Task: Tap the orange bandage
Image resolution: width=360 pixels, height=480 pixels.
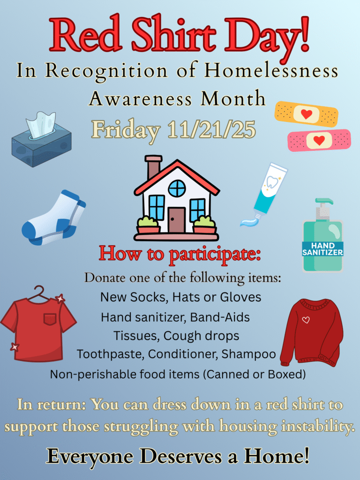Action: pyautogui.click(x=307, y=114)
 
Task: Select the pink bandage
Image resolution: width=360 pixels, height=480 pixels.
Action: pyautogui.click(x=319, y=140)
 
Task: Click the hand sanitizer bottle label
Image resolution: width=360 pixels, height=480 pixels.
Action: pyautogui.click(x=322, y=249)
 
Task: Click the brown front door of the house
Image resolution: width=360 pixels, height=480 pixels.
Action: pyautogui.click(x=177, y=220)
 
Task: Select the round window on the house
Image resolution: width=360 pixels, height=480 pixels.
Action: pyautogui.click(x=177, y=188)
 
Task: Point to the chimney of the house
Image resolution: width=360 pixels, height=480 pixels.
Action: pyautogui.click(x=154, y=167)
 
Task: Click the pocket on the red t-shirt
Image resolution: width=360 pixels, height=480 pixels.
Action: pyautogui.click(x=50, y=319)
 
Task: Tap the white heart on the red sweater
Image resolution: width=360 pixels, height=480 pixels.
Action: pyautogui.click(x=306, y=320)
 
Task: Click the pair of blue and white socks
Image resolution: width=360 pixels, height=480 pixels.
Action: pyautogui.click(x=53, y=217)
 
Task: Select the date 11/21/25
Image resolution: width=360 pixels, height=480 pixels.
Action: pyautogui.click(x=211, y=130)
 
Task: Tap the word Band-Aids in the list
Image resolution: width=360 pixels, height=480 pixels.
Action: pyautogui.click(x=220, y=317)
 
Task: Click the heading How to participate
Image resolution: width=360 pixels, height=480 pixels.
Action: pyautogui.click(x=180, y=255)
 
